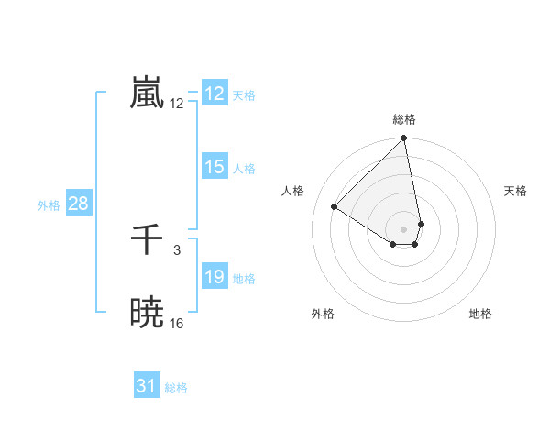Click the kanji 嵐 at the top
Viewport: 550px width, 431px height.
pyautogui.click(x=148, y=94)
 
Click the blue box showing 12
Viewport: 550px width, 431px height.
pyautogui.click(x=214, y=94)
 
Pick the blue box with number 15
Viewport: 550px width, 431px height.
pyautogui.click(x=214, y=167)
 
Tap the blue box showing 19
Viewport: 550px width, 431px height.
pyautogui.click(x=214, y=277)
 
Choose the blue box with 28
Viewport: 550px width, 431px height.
pyautogui.click(x=78, y=204)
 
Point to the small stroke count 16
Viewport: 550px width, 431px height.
pyautogui.click(x=177, y=324)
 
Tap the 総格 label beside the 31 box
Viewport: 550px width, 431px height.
pyautogui.click(x=176, y=388)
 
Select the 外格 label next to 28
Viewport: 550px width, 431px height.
pyautogui.click(x=49, y=205)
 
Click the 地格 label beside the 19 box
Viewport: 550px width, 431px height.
pyautogui.click(x=244, y=279)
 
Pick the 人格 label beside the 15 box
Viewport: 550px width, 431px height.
pyautogui.click(x=244, y=169)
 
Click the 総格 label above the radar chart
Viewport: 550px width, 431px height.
pyautogui.click(x=404, y=119)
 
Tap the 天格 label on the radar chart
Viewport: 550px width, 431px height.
pyautogui.click(x=516, y=191)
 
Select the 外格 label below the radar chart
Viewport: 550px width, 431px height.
pyautogui.click(x=323, y=314)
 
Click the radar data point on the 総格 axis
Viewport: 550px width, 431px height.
pyautogui.click(x=404, y=139)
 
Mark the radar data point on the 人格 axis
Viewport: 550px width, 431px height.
pyautogui.click(x=335, y=207)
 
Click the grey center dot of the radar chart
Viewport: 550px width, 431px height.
pyautogui.click(x=404, y=228)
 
